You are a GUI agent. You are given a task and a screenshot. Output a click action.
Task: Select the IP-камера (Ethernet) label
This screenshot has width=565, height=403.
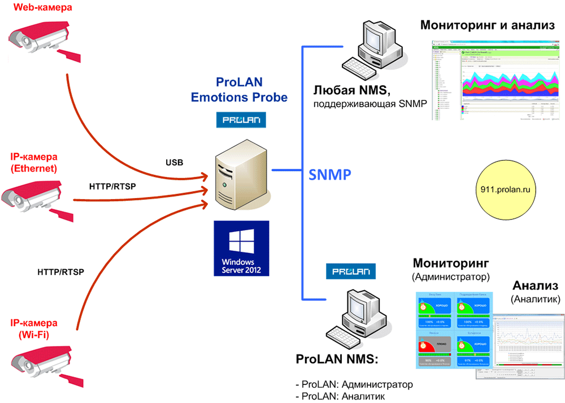(34, 162)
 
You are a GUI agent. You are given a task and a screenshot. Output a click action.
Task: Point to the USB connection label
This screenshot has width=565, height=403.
(174, 163)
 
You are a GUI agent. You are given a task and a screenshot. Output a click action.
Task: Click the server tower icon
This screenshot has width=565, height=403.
(237, 178)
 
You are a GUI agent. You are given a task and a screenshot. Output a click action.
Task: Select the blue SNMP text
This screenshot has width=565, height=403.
(331, 174)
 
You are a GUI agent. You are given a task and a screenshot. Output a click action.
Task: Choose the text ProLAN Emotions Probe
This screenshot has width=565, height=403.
(240, 89)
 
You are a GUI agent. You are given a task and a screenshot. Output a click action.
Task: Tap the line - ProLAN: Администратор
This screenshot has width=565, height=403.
(354, 384)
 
